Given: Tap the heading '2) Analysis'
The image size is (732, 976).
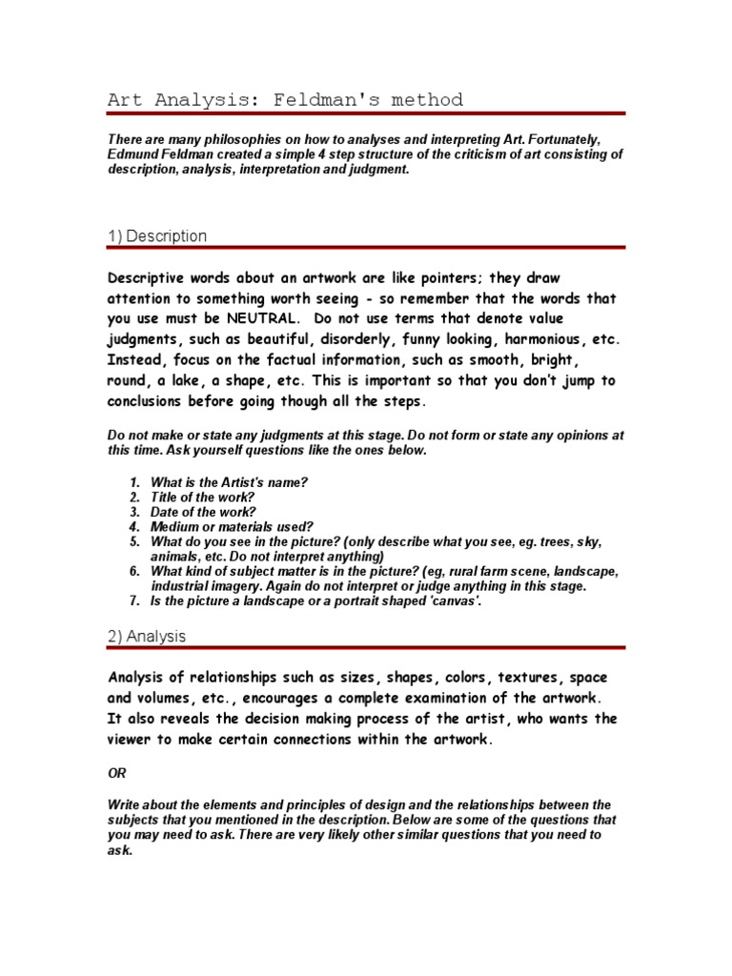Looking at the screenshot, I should (x=147, y=636).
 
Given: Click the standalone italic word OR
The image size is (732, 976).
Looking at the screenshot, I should (x=115, y=772).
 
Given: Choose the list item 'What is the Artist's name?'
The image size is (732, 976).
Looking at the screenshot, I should (x=229, y=482).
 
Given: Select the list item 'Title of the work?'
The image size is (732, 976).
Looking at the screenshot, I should (x=203, y=497).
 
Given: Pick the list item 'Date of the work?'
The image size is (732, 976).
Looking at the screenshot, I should (x=203, y=511).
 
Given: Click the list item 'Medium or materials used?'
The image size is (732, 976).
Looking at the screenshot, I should (x=232, y=525).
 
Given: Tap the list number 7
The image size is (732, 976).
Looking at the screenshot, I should (x=134, y=601).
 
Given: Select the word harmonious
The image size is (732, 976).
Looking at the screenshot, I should (x=541, y=338).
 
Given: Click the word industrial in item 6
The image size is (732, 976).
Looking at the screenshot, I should (x=184, y=586).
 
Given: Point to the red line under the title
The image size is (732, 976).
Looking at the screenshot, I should (x=365, y=113).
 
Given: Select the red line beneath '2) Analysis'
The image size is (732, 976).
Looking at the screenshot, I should (x=365, y=648).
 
